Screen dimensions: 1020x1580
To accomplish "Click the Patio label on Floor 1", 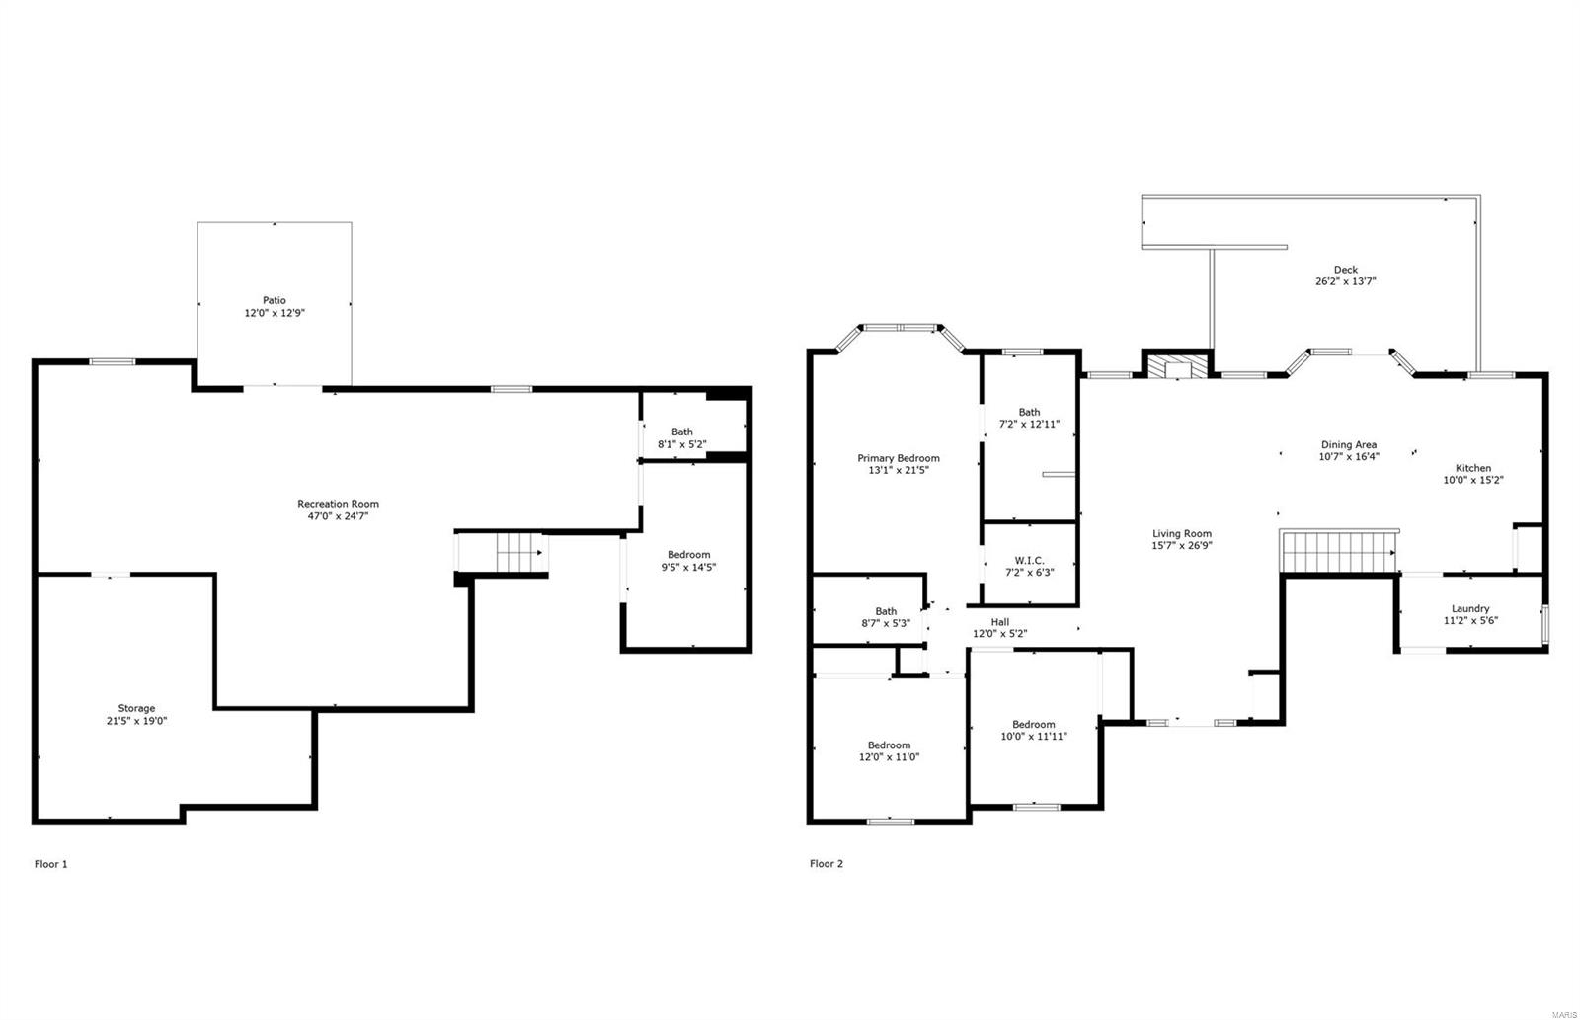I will tap(274, 300).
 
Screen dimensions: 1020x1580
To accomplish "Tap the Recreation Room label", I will tap(338, 504).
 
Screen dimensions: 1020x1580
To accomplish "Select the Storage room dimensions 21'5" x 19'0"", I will tap(136, 721).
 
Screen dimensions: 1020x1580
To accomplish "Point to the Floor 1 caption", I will tap(51, 864).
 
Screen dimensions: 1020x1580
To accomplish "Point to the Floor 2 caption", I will tap(827, 864).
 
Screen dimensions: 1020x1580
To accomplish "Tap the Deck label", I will tap(1345, 270).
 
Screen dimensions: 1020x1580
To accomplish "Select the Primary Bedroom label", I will tap(898, 458).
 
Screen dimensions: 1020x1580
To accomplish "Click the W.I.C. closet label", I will tap(1029, 560).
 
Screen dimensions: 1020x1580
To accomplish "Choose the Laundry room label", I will tap(1469, 608).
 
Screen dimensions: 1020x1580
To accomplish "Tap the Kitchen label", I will tap(1473, 468).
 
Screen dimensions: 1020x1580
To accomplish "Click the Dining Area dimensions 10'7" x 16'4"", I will tap(1349, 457).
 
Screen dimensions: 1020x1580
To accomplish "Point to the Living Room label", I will tap(1181, 534).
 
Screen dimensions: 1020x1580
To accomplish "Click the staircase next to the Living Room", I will tap(1338, 551).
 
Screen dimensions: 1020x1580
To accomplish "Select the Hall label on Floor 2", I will tap(999, 622).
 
